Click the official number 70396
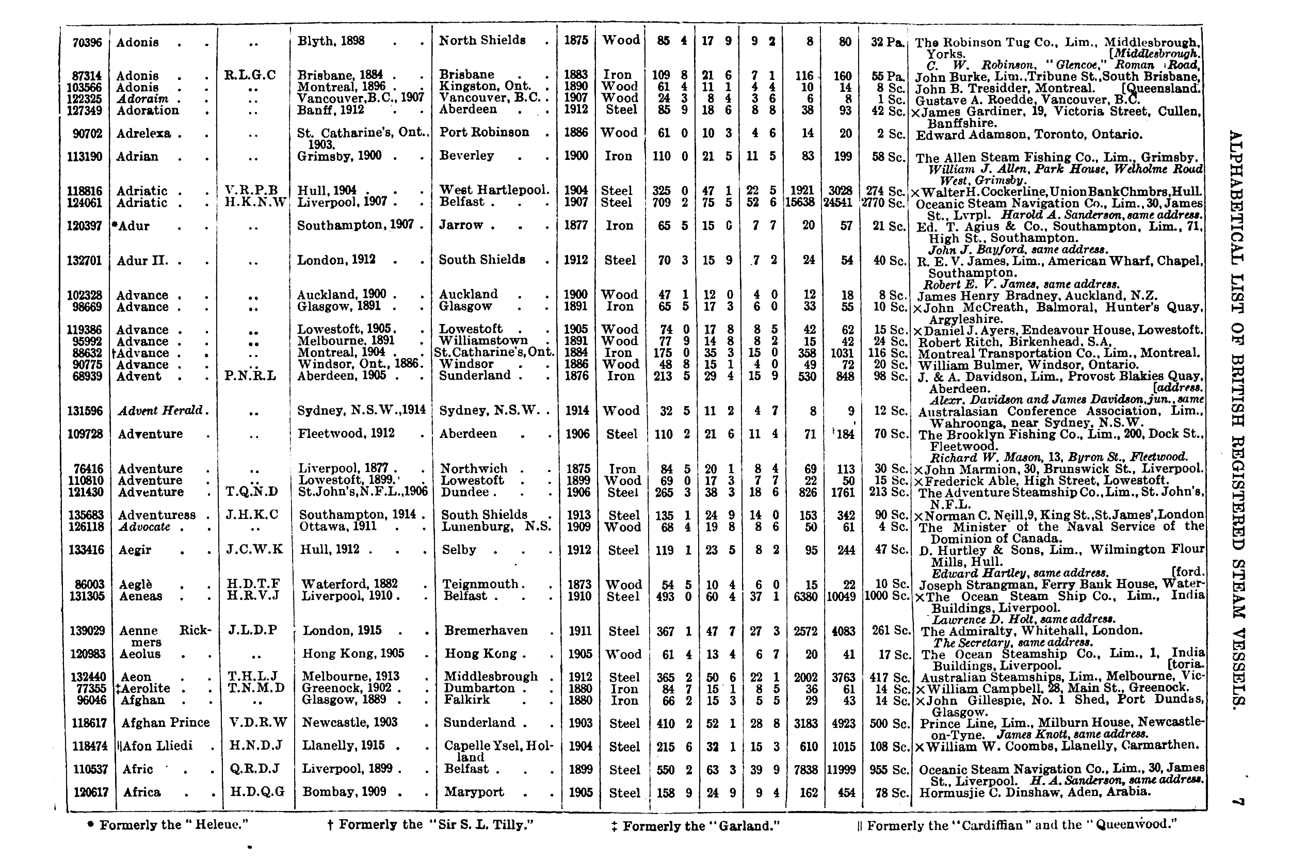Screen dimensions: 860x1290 point(87,42)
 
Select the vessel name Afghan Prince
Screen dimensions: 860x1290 point(165,722)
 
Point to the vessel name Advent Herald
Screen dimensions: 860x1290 point(160,411)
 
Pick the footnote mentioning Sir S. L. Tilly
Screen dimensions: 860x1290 point(430,825)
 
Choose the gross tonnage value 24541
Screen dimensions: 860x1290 point(839,202)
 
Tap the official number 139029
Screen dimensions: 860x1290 point(87,631)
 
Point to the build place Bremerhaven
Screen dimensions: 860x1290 point(486,631)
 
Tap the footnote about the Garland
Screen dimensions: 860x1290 point(696,825)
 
